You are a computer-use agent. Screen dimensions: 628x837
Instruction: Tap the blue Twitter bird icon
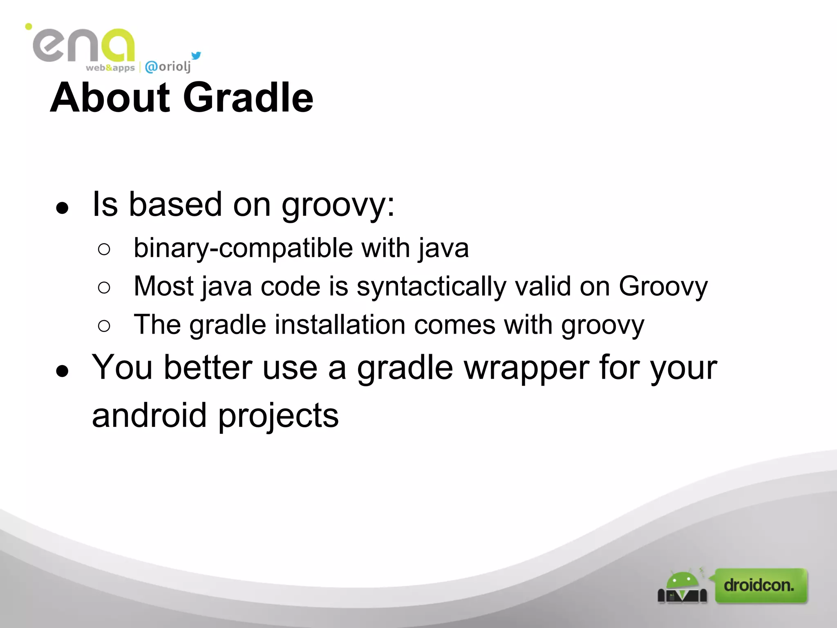(196, 56)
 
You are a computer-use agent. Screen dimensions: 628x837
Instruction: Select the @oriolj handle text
(168, 66)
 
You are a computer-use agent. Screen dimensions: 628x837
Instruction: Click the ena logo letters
(84, 46)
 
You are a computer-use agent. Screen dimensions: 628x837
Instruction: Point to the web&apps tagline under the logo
(110, 68)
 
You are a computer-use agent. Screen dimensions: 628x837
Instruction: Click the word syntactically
(431, 286)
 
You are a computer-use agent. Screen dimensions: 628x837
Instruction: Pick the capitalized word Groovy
(663, 286)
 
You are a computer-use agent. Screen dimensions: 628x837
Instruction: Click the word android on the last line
(149, 415)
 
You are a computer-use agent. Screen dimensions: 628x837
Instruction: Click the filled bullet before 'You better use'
(62, 371)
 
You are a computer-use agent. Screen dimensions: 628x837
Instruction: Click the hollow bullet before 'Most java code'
(104, 287)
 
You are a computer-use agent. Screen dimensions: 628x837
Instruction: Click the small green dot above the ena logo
(29, 27)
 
